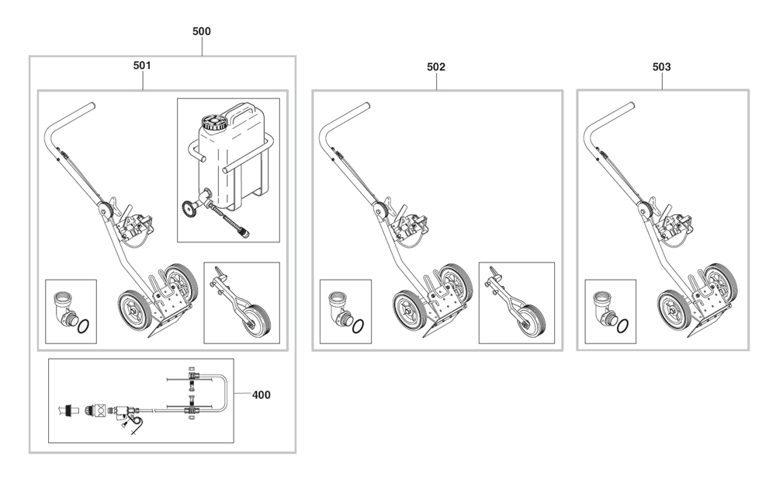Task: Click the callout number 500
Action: click(202, 31)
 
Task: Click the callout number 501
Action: click(142, 65)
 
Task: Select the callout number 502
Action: click(436, 67)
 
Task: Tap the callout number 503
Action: click(662, 67)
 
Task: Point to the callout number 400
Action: click(262, 395)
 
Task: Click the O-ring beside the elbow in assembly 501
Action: click(84, 326)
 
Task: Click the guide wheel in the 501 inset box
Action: click(258, 320)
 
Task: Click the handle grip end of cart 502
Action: click(364, 106)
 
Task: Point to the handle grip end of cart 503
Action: click(629, 106)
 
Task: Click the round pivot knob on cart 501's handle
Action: click(106, 210)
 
